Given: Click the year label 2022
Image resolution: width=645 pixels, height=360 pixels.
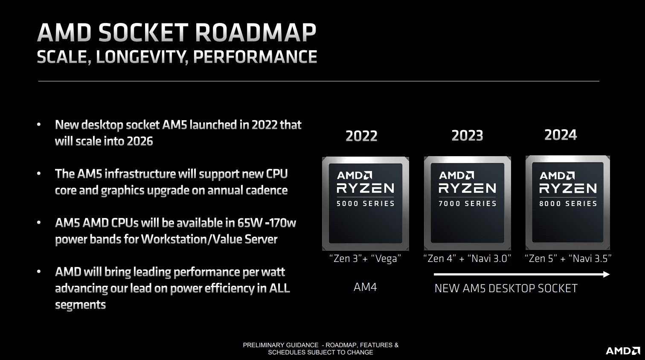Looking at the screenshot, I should (361, 136).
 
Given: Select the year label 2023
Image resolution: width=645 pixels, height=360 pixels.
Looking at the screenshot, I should (467, 136).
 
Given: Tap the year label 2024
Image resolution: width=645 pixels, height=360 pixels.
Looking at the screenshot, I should (561, 135).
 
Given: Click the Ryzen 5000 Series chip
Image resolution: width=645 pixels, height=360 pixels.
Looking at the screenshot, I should (366, 203).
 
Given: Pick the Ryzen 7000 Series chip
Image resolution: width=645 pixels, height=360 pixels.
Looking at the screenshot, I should (468, 203).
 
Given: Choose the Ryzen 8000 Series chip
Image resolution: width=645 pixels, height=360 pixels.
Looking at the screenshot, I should (568, 203).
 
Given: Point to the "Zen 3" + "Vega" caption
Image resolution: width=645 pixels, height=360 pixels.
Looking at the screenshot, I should (365, 258).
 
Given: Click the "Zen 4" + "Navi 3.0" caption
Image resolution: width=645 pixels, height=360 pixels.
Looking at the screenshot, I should (467, 258).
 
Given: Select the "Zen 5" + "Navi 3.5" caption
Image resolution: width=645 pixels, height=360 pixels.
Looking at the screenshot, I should (568, 258).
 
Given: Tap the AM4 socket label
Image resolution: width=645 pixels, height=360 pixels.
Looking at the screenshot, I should (365, 287).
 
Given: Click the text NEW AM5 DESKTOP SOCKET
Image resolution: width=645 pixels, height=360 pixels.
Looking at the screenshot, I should (506, 288).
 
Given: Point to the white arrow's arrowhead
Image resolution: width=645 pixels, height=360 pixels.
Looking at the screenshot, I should (606, 274).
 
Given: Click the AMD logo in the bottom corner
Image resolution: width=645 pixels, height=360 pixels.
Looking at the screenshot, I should (623, 351).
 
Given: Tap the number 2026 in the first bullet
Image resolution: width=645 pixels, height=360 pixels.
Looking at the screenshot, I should (139, 141).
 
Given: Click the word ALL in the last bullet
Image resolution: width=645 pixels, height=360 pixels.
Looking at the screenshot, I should (279, 288).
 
